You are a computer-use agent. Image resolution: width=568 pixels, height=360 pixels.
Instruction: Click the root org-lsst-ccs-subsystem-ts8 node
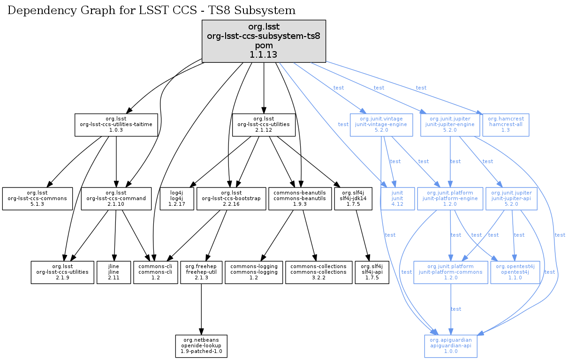click(264, 41)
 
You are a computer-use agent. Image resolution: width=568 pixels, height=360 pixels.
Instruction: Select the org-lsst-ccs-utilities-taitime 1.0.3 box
click(116, 125)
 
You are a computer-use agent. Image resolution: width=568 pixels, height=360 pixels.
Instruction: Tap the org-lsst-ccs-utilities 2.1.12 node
click(264, 125)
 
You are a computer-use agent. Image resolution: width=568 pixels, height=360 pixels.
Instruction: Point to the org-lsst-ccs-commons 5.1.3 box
click(38, 199)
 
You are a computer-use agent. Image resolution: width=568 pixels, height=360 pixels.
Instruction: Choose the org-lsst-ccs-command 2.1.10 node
click(116, 199)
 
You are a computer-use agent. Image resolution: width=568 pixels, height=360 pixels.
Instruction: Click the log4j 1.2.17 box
click(176, 199)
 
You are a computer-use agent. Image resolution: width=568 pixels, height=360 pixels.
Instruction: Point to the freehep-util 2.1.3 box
click(201, 272)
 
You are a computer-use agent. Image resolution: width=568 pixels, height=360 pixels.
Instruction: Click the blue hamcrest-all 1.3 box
click(506, 125)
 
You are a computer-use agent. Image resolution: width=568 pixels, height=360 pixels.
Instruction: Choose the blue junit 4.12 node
click(398, 199)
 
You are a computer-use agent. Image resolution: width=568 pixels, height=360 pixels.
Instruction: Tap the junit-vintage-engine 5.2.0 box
click(381, 125)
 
